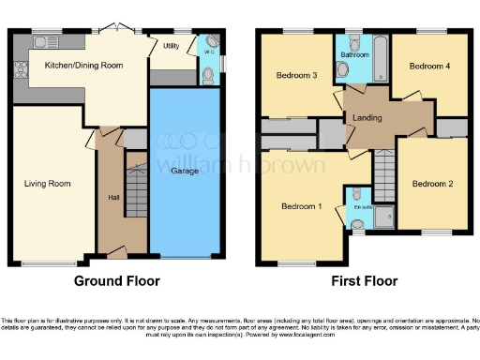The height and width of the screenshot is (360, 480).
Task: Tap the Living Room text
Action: [47, 184]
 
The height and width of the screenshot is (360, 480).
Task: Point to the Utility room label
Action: [171, 46]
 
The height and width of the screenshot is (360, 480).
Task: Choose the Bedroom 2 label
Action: [432, 184]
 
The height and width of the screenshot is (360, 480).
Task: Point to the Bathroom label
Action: [355, 55]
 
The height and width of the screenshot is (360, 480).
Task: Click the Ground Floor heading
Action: [117, 281]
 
